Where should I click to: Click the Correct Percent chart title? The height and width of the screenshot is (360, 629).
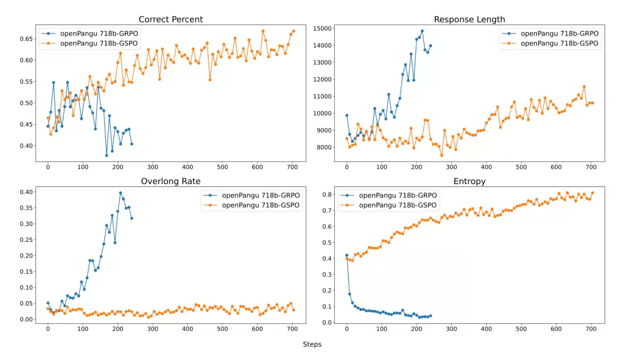[170, 19]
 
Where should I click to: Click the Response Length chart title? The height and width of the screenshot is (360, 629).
[469, 19]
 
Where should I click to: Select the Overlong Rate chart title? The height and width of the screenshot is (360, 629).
[170, 181]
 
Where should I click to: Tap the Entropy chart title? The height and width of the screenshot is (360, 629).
[469, 181]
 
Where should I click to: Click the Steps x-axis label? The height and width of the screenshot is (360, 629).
[312, 344]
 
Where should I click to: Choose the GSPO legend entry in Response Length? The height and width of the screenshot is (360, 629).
[559, 43]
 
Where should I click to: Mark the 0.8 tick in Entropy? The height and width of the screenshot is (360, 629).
[327, 195]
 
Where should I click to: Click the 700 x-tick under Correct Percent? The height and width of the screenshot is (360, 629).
[292, 167]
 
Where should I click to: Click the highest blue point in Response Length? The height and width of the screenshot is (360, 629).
[422, 31]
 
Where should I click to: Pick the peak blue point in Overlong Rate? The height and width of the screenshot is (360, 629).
[121, 193]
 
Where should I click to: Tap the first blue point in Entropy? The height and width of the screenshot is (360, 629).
[347, 255]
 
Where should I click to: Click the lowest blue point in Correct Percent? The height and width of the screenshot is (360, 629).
[107, 155]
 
